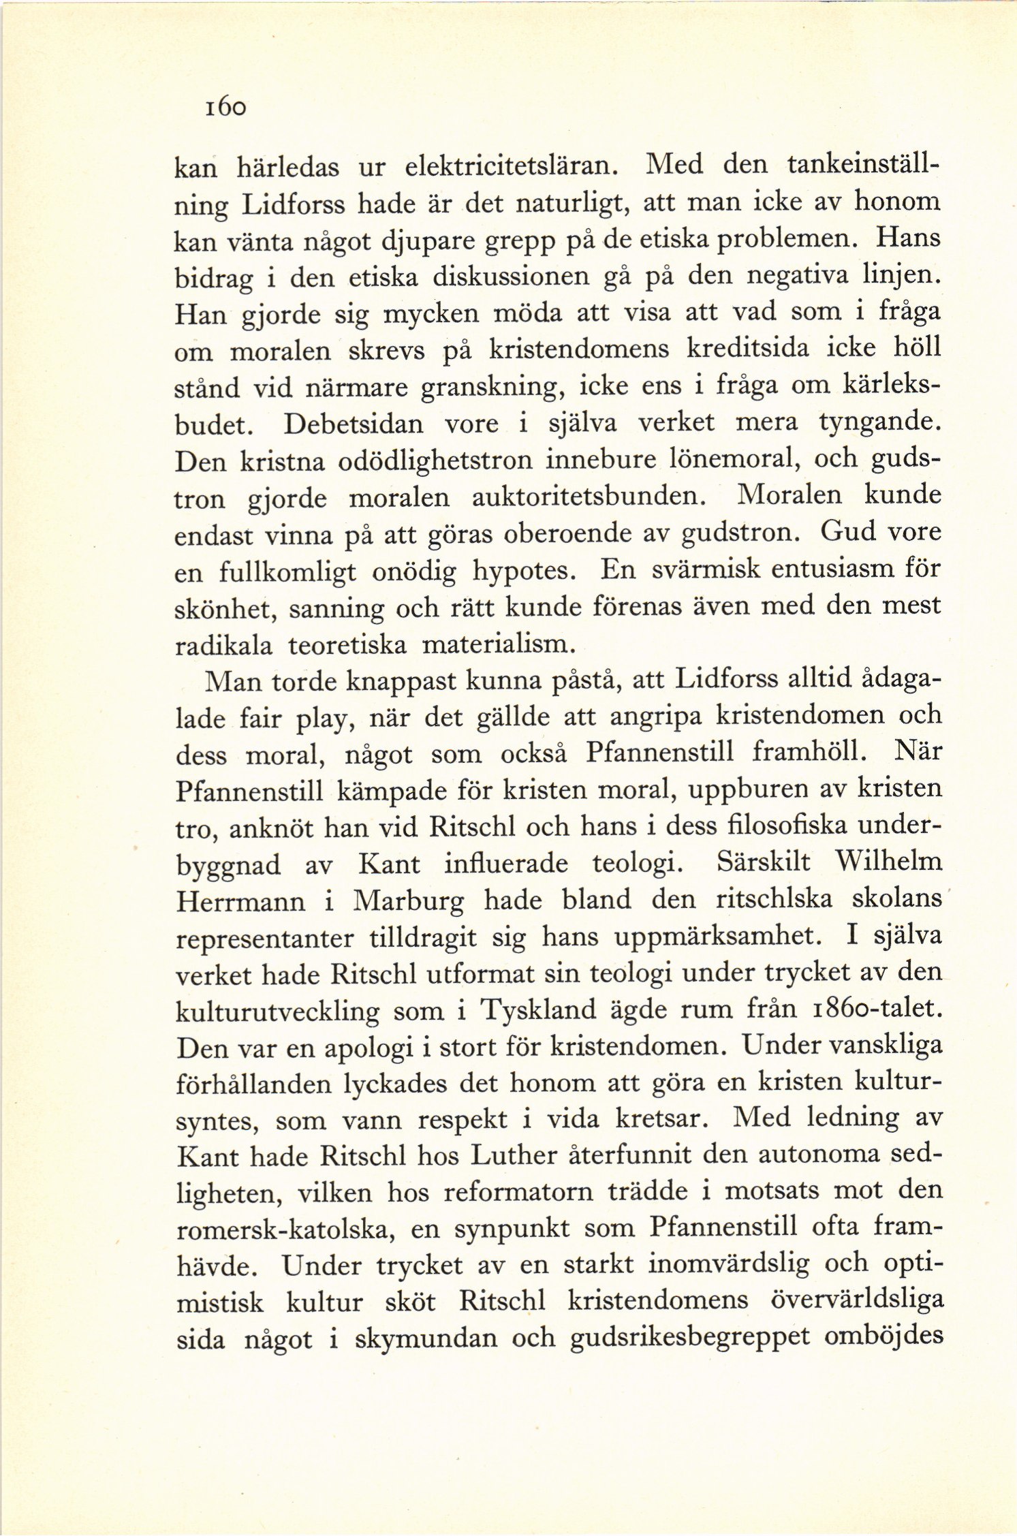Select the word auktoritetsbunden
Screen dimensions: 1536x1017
pyautogui.click(x=586, y=498)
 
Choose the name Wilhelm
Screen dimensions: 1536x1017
pyautogui.click(x=888, y=864)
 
